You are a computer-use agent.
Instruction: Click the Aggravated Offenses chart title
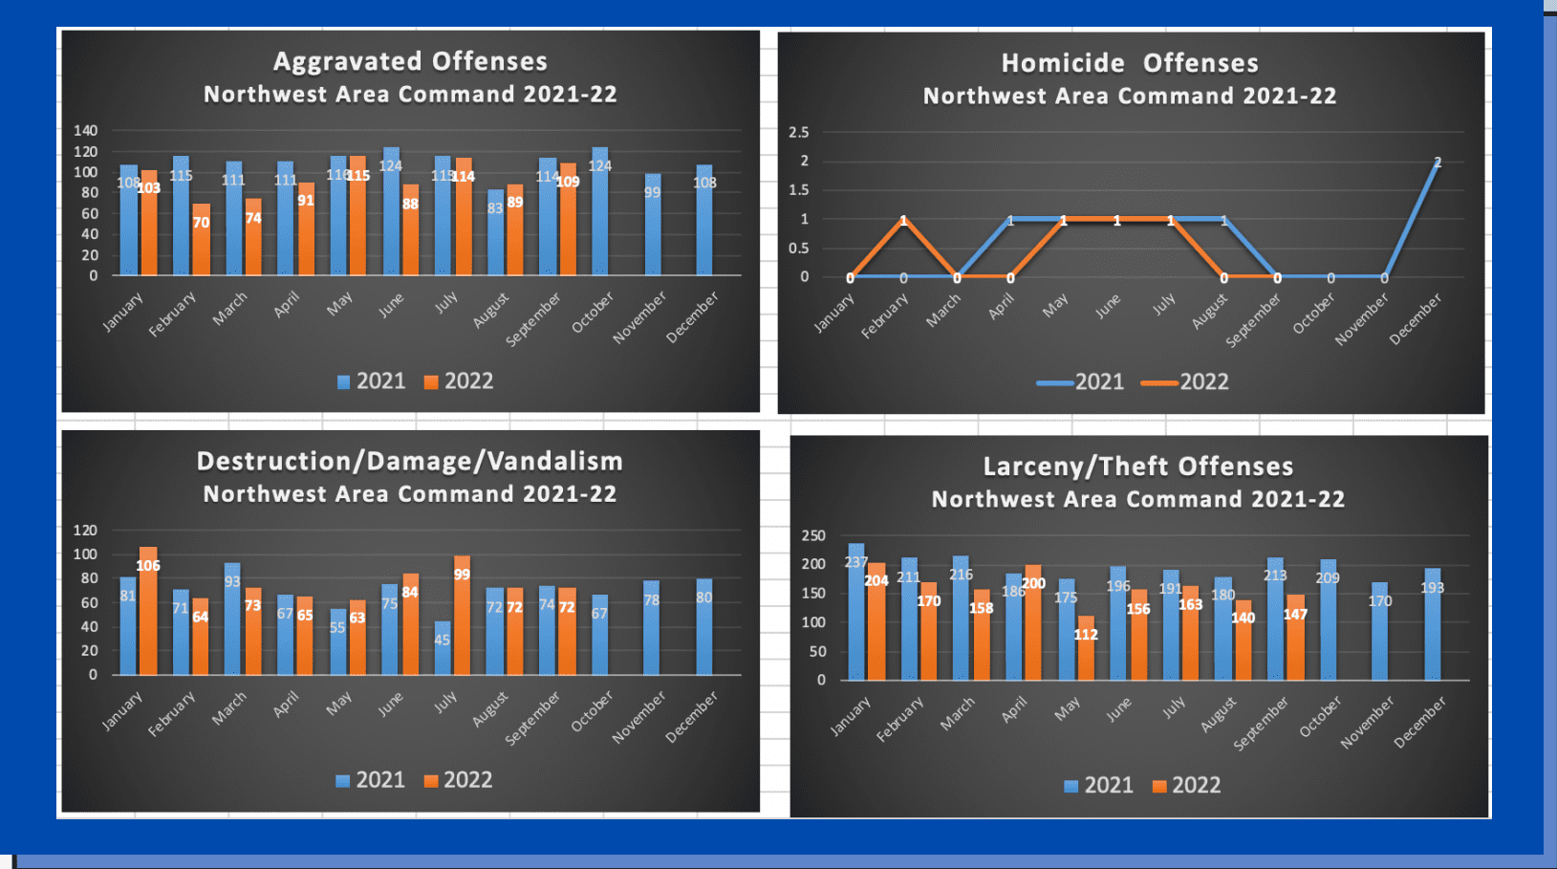(x=410, y=62)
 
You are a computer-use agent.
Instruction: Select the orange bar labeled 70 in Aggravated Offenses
(x=201, y=240)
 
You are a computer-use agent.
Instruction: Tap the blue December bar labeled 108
(x=704, y=220)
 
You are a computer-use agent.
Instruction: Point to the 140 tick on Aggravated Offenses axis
(x=86, y=131)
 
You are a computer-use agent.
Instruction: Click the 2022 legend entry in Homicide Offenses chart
(x=1194, y=382)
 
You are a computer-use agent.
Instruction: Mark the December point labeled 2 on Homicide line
(x=1438, y=163)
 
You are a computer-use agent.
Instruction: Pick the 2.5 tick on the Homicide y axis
(x=799, y=133)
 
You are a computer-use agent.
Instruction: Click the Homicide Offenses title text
(x=1130, y=64)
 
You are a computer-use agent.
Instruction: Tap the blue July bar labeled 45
(x=443, y=648)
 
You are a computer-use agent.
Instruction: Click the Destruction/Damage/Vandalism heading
(x=410, y=462)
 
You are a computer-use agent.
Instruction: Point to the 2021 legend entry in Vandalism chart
(x=371, y=780)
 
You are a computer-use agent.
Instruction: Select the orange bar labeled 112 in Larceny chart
(x=1086, y=648)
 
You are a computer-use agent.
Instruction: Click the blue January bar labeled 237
(x=856, y=612)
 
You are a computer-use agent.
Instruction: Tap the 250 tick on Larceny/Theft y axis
(x=813, y=536)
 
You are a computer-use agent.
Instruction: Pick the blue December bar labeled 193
(x=1432, y=624)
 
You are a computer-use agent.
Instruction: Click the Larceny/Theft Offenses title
(x=1138, y=467)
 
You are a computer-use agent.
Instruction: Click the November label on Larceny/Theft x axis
(x=1368, y=723)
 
